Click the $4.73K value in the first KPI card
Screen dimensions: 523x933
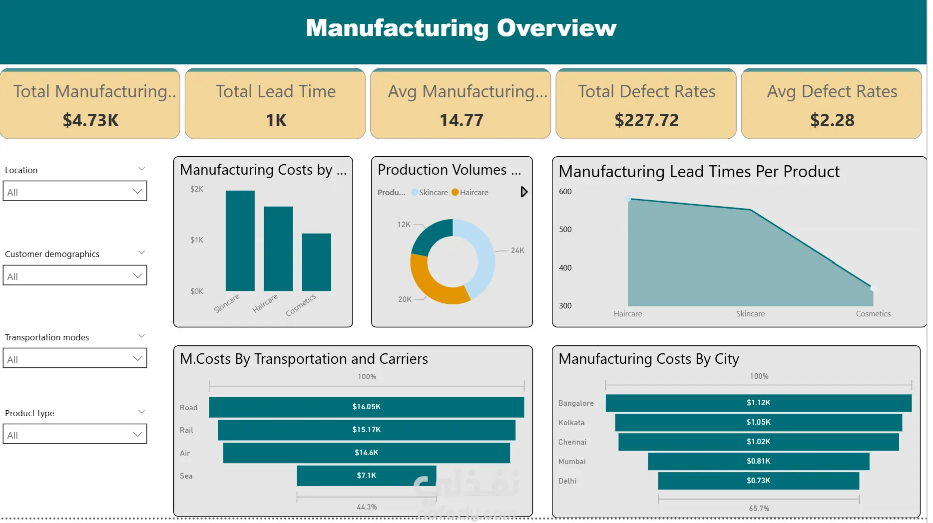click(x=91, y=120)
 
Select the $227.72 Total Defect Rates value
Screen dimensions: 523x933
click(x=646, y=120)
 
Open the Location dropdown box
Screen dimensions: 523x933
click(x=75, y=191)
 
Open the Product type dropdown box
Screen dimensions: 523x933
click(x=75, y=434)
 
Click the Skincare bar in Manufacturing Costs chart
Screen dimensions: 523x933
click(x=240, y=241)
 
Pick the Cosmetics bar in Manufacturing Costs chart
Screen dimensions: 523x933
click(x=316, y=262)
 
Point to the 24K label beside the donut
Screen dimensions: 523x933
click(x=517, y=251)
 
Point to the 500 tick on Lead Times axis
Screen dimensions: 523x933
click(x=565, y=230)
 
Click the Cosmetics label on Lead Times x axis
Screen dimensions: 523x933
click(x=873, y=314)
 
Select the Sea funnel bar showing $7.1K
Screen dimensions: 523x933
click(x=366, y=476)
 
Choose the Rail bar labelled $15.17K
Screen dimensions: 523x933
click(x=366, y=430)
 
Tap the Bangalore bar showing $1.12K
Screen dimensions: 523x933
click(x=758, y=403)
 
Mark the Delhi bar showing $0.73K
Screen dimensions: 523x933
click(x=758, y=481)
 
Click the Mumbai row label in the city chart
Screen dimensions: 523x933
click(x=572, y=462)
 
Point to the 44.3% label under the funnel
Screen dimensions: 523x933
click(x=367, y=507)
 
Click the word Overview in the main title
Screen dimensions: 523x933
click(x=556, y=28)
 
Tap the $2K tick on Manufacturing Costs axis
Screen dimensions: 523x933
click(x=197, y=189)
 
